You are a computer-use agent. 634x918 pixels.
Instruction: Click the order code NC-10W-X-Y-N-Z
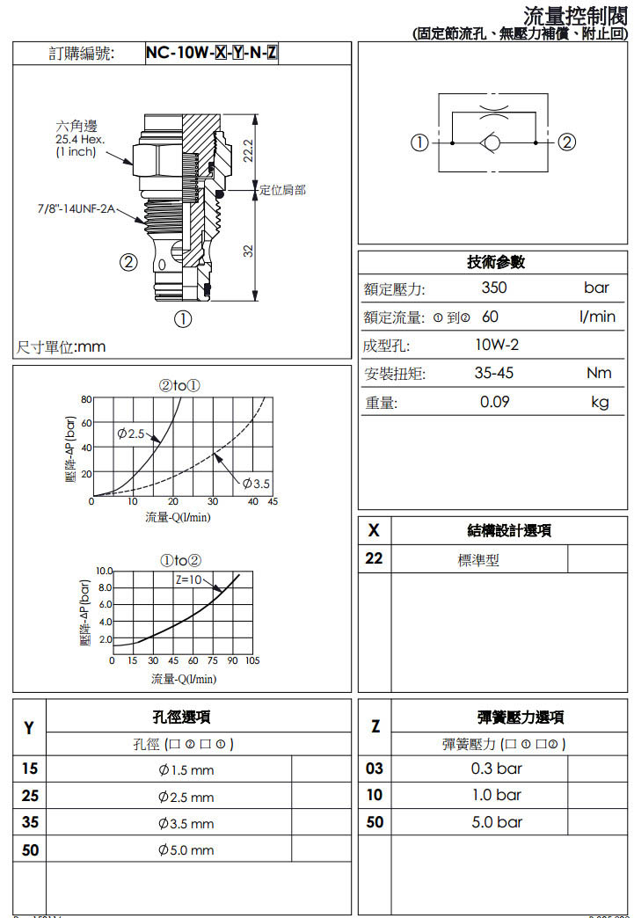point(212,54)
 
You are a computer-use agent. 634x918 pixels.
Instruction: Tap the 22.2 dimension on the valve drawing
point(248,149)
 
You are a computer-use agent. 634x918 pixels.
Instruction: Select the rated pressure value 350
point(494,288)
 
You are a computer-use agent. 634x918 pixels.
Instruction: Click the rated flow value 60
point(490,317)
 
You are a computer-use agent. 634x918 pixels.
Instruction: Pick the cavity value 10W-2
point(497,345)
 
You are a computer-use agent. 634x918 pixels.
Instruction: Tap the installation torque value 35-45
point(494,373)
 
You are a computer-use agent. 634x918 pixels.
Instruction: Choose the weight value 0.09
point(495,402)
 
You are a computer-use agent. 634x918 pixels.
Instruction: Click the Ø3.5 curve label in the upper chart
point(257,484)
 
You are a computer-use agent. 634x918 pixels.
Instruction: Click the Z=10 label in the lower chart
point(189,579)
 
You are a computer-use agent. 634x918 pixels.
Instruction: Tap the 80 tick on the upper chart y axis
point(86,399)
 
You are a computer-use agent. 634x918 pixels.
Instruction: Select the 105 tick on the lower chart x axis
point(252,660)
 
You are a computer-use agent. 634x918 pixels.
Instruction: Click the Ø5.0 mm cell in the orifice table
point(186,850)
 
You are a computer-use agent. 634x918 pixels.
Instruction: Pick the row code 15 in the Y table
point(30,769)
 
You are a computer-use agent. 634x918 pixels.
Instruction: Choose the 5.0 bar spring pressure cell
point(497,822)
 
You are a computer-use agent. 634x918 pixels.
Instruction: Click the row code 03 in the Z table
point(375,769)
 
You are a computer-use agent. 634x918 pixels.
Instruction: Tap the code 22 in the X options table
point(374,558)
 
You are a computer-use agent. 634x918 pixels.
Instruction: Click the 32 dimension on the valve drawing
point(248,250)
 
